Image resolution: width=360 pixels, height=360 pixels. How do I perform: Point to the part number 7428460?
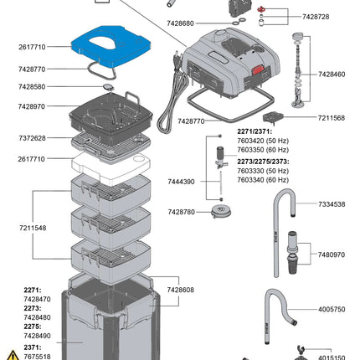pyautogui.click(x=335, y=75)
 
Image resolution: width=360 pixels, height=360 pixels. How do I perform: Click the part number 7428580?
pyautogui.click(x=32, y=86)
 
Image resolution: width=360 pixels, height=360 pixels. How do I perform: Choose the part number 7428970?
pyautogui.click(x=32, y=107)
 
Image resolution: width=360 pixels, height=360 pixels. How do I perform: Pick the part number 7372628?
pyautogui.click(x=32, y=137)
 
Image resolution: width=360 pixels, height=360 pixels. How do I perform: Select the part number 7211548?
pyautogui.click(x=32, y=227)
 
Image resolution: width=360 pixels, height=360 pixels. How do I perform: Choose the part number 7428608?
pyautogui.click(x=181, y=290)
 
